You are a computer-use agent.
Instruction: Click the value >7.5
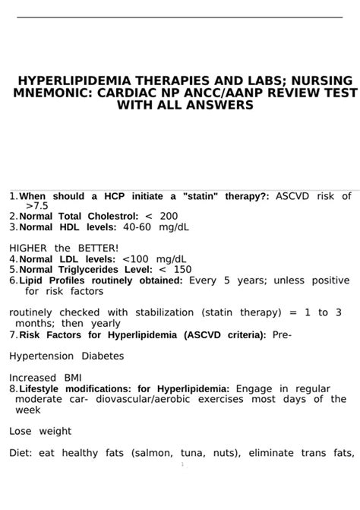(x=36, y=205)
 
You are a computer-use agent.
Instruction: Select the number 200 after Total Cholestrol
(x=169, y=216)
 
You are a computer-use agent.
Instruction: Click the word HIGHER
(x=28, y=248)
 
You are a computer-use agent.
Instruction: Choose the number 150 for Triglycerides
(x=183, y=269)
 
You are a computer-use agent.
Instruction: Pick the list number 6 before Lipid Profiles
(x=13, y=280)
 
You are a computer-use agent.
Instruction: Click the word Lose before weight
(x=21, y=431)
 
